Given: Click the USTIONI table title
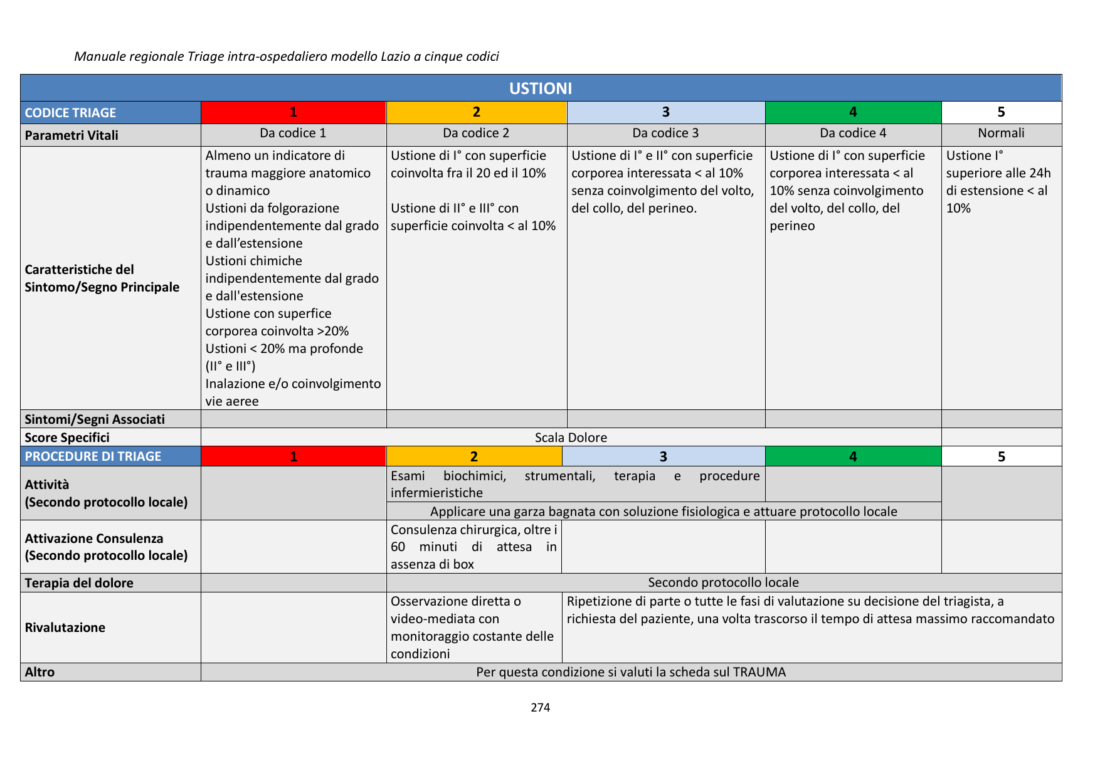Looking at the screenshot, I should pos(540,88).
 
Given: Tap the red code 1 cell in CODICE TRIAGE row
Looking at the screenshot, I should pos(293,112).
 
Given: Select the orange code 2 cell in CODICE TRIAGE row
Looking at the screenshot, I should pos(476,112).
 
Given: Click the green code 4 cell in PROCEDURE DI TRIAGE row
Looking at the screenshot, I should pos(853,456).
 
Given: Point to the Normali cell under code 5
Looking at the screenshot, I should pos(1001,133).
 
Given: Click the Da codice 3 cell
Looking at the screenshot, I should pos(665,133).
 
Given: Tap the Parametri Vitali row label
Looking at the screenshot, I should pos(71,135).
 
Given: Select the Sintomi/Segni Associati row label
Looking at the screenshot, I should pos(95,419).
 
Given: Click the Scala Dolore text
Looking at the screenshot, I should pos(571,438).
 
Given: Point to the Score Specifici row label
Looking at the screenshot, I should pos(67,438).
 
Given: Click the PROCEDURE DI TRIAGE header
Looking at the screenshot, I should pos(93,456).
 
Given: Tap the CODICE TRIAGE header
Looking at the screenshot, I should pos(70,113).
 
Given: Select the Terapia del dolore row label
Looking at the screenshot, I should pos(79,583).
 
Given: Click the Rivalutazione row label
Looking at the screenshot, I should pos(65,628).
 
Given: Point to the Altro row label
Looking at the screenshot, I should pos(40,672).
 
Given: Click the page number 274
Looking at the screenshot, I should pos(540,708).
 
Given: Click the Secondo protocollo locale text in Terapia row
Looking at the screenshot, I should pos(723,582).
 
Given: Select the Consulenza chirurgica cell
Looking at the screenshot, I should pos(473,547).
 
